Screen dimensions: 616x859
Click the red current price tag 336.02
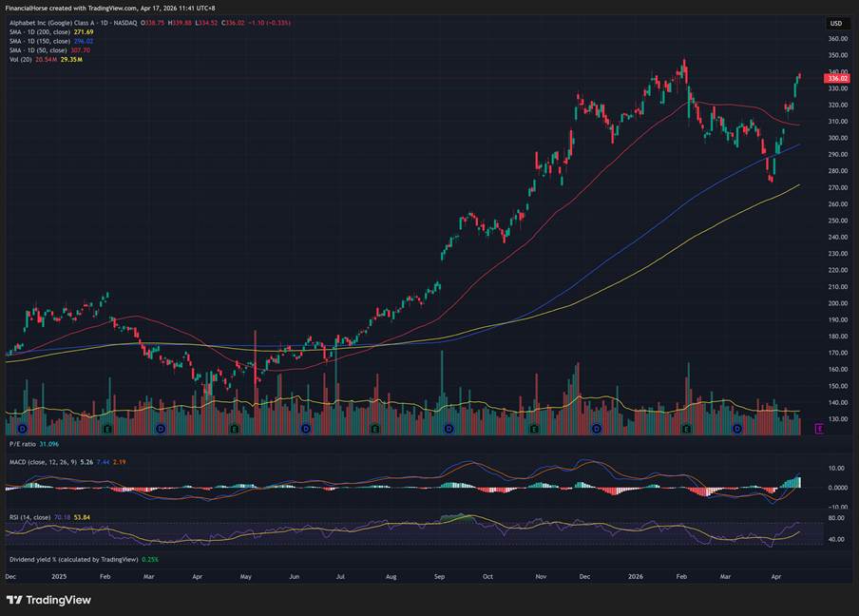click(x=836, y=79)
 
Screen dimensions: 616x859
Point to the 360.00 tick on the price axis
click(x=837, y=39)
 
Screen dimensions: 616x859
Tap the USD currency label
click(x=836, y=23)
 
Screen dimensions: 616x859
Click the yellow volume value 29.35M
click(x=71, y=60)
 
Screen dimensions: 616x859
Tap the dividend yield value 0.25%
click(x=150, y=559)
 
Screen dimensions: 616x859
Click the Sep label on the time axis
click(x=439, y=577)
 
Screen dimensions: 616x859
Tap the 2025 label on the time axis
click(x=59, y=577)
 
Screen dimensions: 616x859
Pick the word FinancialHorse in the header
click(x=31, y=9)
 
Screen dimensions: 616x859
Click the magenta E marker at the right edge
click(x=819, y=429)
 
